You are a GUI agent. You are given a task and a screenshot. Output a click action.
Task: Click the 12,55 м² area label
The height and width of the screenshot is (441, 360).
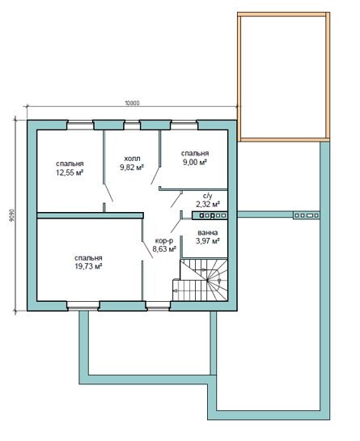(x=70, y=172)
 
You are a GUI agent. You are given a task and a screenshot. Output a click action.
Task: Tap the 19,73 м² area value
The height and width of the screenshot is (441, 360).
(x=88, y=266)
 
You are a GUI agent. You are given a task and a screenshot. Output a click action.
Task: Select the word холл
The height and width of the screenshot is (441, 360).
(x=132, y=159)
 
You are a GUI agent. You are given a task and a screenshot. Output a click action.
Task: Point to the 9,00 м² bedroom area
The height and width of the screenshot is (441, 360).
(x=195, y=163)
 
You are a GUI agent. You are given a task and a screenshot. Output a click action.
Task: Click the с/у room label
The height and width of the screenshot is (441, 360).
(x=208, y=196)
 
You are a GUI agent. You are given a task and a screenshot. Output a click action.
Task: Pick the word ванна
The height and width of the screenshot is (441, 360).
(x=208, y=233)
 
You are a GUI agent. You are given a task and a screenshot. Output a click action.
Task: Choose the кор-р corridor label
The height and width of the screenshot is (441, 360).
(x=164, y=241)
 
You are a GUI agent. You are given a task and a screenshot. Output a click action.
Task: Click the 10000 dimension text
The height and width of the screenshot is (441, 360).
(x=132, y=103)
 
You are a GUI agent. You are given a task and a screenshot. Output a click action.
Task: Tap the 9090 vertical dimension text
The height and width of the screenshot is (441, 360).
(x=11, y=215)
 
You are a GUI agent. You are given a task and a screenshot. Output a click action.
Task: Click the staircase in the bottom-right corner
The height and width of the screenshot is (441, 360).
(x=200, y=280)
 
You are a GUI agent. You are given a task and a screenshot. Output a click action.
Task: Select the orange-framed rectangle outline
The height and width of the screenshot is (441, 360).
(x=283, y=14)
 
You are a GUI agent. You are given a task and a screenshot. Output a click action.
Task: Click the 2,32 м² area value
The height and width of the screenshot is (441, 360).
(x=208, y=204)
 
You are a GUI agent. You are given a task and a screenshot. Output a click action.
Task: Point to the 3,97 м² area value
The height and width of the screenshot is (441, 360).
(x=208, y=241)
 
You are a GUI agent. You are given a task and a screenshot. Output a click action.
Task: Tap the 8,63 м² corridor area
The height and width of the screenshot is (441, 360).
(x=164, y=249)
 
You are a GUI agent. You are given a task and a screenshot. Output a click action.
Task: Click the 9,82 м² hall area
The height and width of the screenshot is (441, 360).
(x=132, y=167)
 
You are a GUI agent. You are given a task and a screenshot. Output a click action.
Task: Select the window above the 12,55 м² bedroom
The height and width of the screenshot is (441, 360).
(x=80, y=125)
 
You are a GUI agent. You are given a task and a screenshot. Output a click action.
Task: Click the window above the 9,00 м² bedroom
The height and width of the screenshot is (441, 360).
(x=184, y=125)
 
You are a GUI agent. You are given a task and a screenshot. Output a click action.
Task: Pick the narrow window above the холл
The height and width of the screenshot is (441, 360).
(x=132, y=125)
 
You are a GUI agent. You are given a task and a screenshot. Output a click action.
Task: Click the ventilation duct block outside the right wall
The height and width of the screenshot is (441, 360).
(x=307, y=215)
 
